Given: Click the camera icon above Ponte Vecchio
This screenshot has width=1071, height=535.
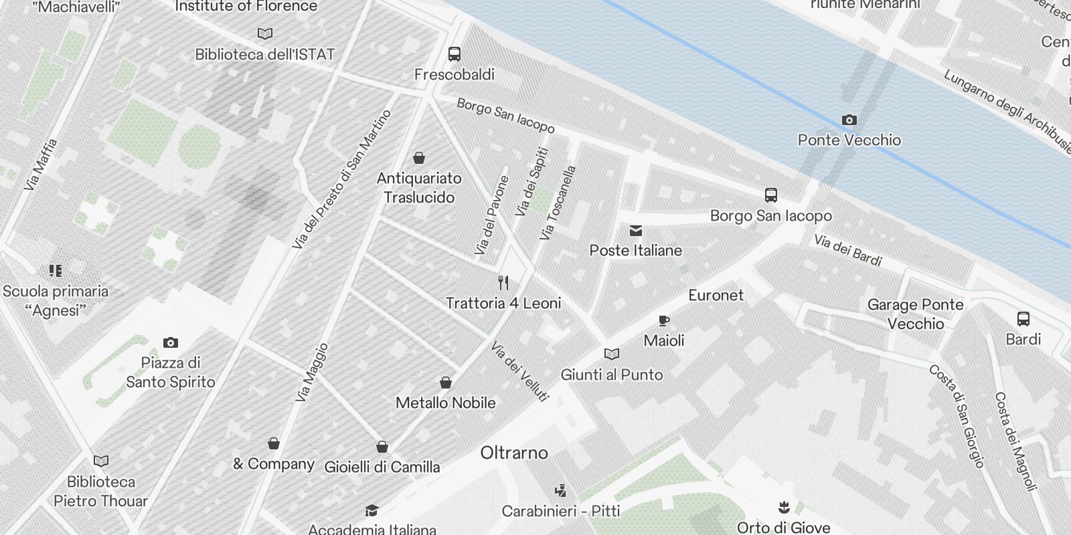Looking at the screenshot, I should [849, 120].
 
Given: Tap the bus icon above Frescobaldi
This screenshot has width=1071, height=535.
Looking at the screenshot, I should [455, 54].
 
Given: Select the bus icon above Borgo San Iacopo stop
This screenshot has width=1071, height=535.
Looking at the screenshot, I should [771, 195].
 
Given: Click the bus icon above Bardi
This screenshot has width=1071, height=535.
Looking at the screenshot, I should [1023, 319].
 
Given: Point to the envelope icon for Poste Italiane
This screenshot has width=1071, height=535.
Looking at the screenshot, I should [636, 231].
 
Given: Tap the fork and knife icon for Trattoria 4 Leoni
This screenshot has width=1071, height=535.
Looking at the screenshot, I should [503, 283].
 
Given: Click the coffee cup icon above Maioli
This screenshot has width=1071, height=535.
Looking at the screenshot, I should [664, 321].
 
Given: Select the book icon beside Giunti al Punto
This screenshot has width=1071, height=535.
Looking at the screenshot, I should [612, 354].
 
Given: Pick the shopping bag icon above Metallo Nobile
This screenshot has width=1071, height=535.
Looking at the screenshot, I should [446, 383].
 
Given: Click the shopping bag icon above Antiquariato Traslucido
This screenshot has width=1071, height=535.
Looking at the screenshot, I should [419, 158].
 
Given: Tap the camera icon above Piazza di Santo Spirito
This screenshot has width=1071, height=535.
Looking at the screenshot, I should [171, 343].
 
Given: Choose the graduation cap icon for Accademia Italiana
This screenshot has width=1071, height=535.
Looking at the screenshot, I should [372, 512].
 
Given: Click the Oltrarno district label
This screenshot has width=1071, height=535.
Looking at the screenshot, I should [514, 453].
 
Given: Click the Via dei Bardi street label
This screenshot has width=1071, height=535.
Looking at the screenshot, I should [847, 250].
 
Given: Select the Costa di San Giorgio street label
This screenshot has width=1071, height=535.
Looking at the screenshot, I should [956, 415].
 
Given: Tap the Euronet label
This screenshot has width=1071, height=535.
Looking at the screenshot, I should [716, 295].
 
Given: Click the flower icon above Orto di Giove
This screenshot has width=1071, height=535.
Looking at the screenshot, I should [783, 507].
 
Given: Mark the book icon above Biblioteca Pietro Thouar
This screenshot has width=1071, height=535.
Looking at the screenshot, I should [101, 461].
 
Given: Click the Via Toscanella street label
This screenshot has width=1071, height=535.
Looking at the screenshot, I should [558, 203].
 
